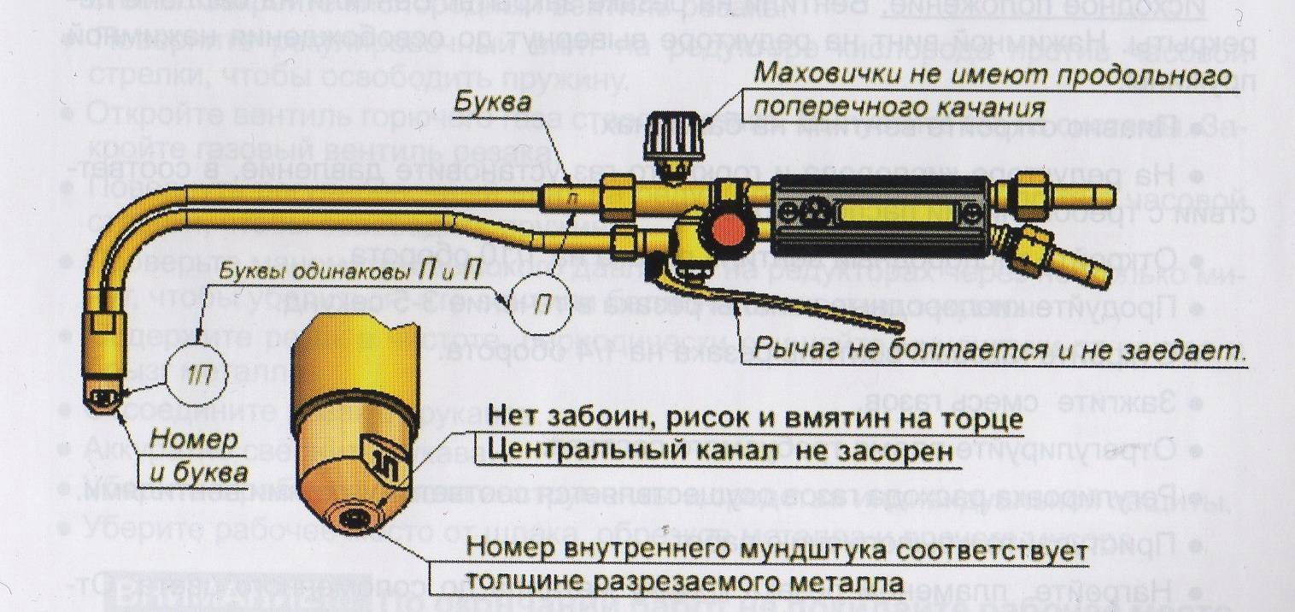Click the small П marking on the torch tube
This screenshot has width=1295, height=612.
click(573, 199)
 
